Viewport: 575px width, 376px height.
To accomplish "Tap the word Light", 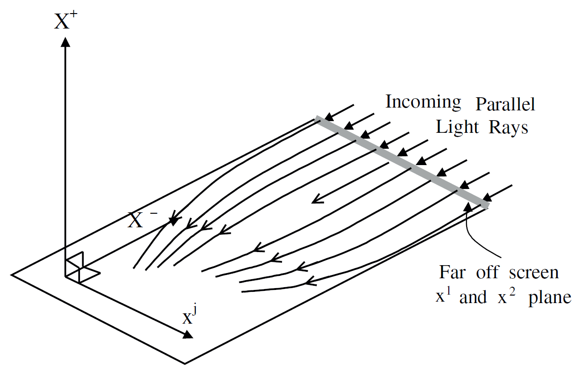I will pyautogui.click(x=456, y=127).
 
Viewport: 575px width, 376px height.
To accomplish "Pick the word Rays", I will pyautogui.click(x=509, y=127).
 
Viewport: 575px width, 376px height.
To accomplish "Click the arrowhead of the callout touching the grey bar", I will pyautogui.click(x=468, y=209).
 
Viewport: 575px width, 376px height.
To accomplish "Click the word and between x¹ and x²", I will pyautogui.click(x=474, y=298).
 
